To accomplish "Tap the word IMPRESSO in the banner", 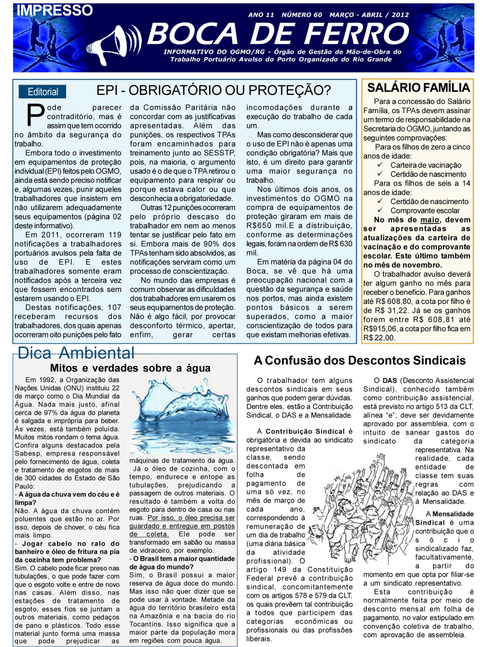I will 54,10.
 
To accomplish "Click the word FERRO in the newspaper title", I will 354,34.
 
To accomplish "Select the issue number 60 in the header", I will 318,15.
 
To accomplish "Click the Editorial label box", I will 43,92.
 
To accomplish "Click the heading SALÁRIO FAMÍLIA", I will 418,87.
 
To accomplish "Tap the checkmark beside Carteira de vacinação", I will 380,165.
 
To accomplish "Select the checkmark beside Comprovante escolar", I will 380,210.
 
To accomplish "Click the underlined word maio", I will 430,220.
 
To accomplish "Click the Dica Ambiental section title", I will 76,353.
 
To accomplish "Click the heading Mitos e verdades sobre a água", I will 130,368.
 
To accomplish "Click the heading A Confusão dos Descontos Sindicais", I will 360,360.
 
